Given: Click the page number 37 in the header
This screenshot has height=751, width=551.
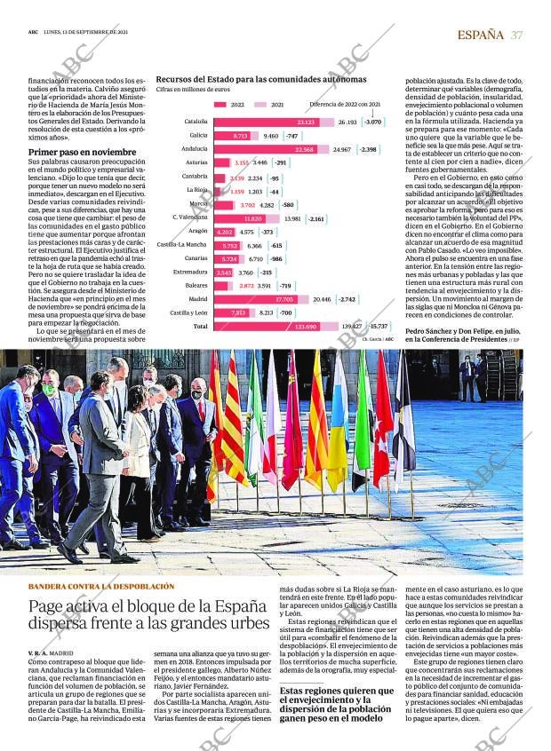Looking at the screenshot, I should pos(516,35).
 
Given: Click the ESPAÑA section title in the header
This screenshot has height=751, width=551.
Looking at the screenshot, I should pos(480,35).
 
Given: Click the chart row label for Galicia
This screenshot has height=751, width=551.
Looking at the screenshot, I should pos(198,135).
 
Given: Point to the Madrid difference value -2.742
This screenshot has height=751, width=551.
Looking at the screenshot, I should pos(347,298).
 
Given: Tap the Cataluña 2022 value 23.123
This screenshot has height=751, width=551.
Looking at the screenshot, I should pos(307,122).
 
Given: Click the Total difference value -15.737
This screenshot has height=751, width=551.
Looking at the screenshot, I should pos(379,327).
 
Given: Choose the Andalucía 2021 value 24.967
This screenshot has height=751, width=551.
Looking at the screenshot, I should pos(341,149).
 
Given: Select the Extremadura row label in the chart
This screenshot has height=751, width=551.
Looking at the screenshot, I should pos(190,272).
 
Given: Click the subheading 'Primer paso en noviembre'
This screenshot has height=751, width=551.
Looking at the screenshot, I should pos(82,152).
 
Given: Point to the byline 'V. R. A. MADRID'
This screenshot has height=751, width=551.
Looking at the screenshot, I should pos(51,652).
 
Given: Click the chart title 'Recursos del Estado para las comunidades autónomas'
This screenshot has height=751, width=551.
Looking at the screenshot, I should pos(260,79).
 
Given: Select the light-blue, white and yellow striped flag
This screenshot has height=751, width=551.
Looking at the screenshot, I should pos(339,426).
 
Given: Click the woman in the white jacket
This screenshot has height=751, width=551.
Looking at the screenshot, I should pos(140,462).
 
